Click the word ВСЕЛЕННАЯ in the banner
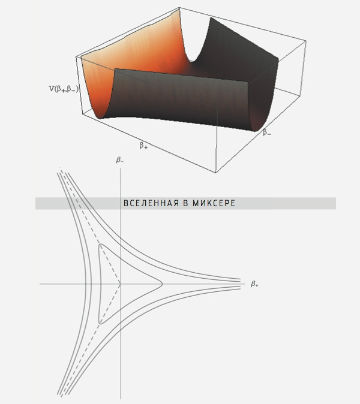point(151,203)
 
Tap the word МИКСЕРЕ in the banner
point(214,203)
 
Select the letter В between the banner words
point(185,203)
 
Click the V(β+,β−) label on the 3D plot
point(64,89)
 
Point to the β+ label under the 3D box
point(143,146)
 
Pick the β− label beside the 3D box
point(267,132)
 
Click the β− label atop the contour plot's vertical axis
point(120,160)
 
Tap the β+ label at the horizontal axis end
point(254,284)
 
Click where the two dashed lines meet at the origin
point(120,284)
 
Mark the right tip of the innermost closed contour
point(162,284)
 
